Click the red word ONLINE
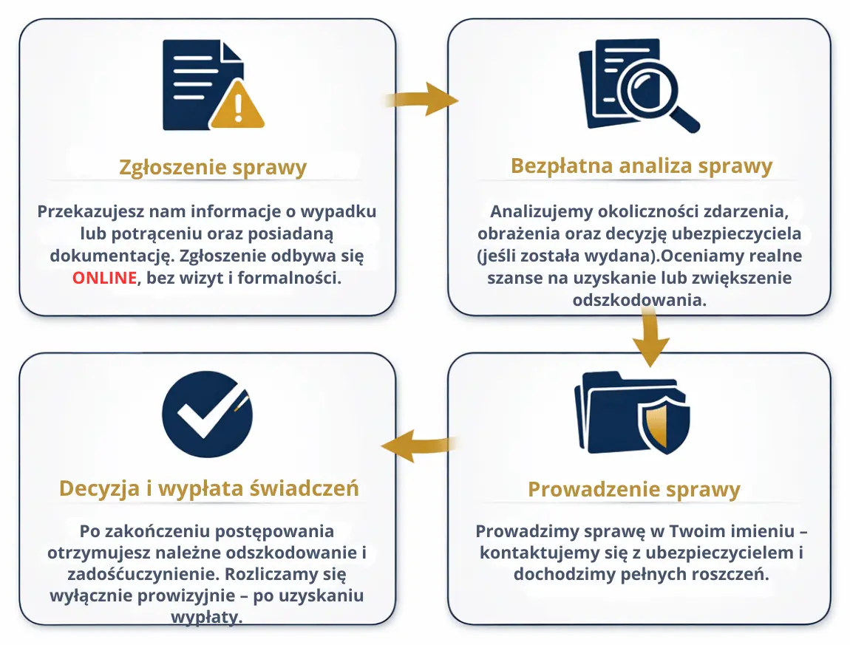(104, 279)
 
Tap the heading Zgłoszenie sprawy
(212, 168)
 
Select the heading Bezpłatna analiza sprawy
(641, 165)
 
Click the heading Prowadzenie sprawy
(633, 489)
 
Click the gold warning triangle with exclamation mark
(237, 107)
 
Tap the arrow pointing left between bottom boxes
(418, 446)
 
